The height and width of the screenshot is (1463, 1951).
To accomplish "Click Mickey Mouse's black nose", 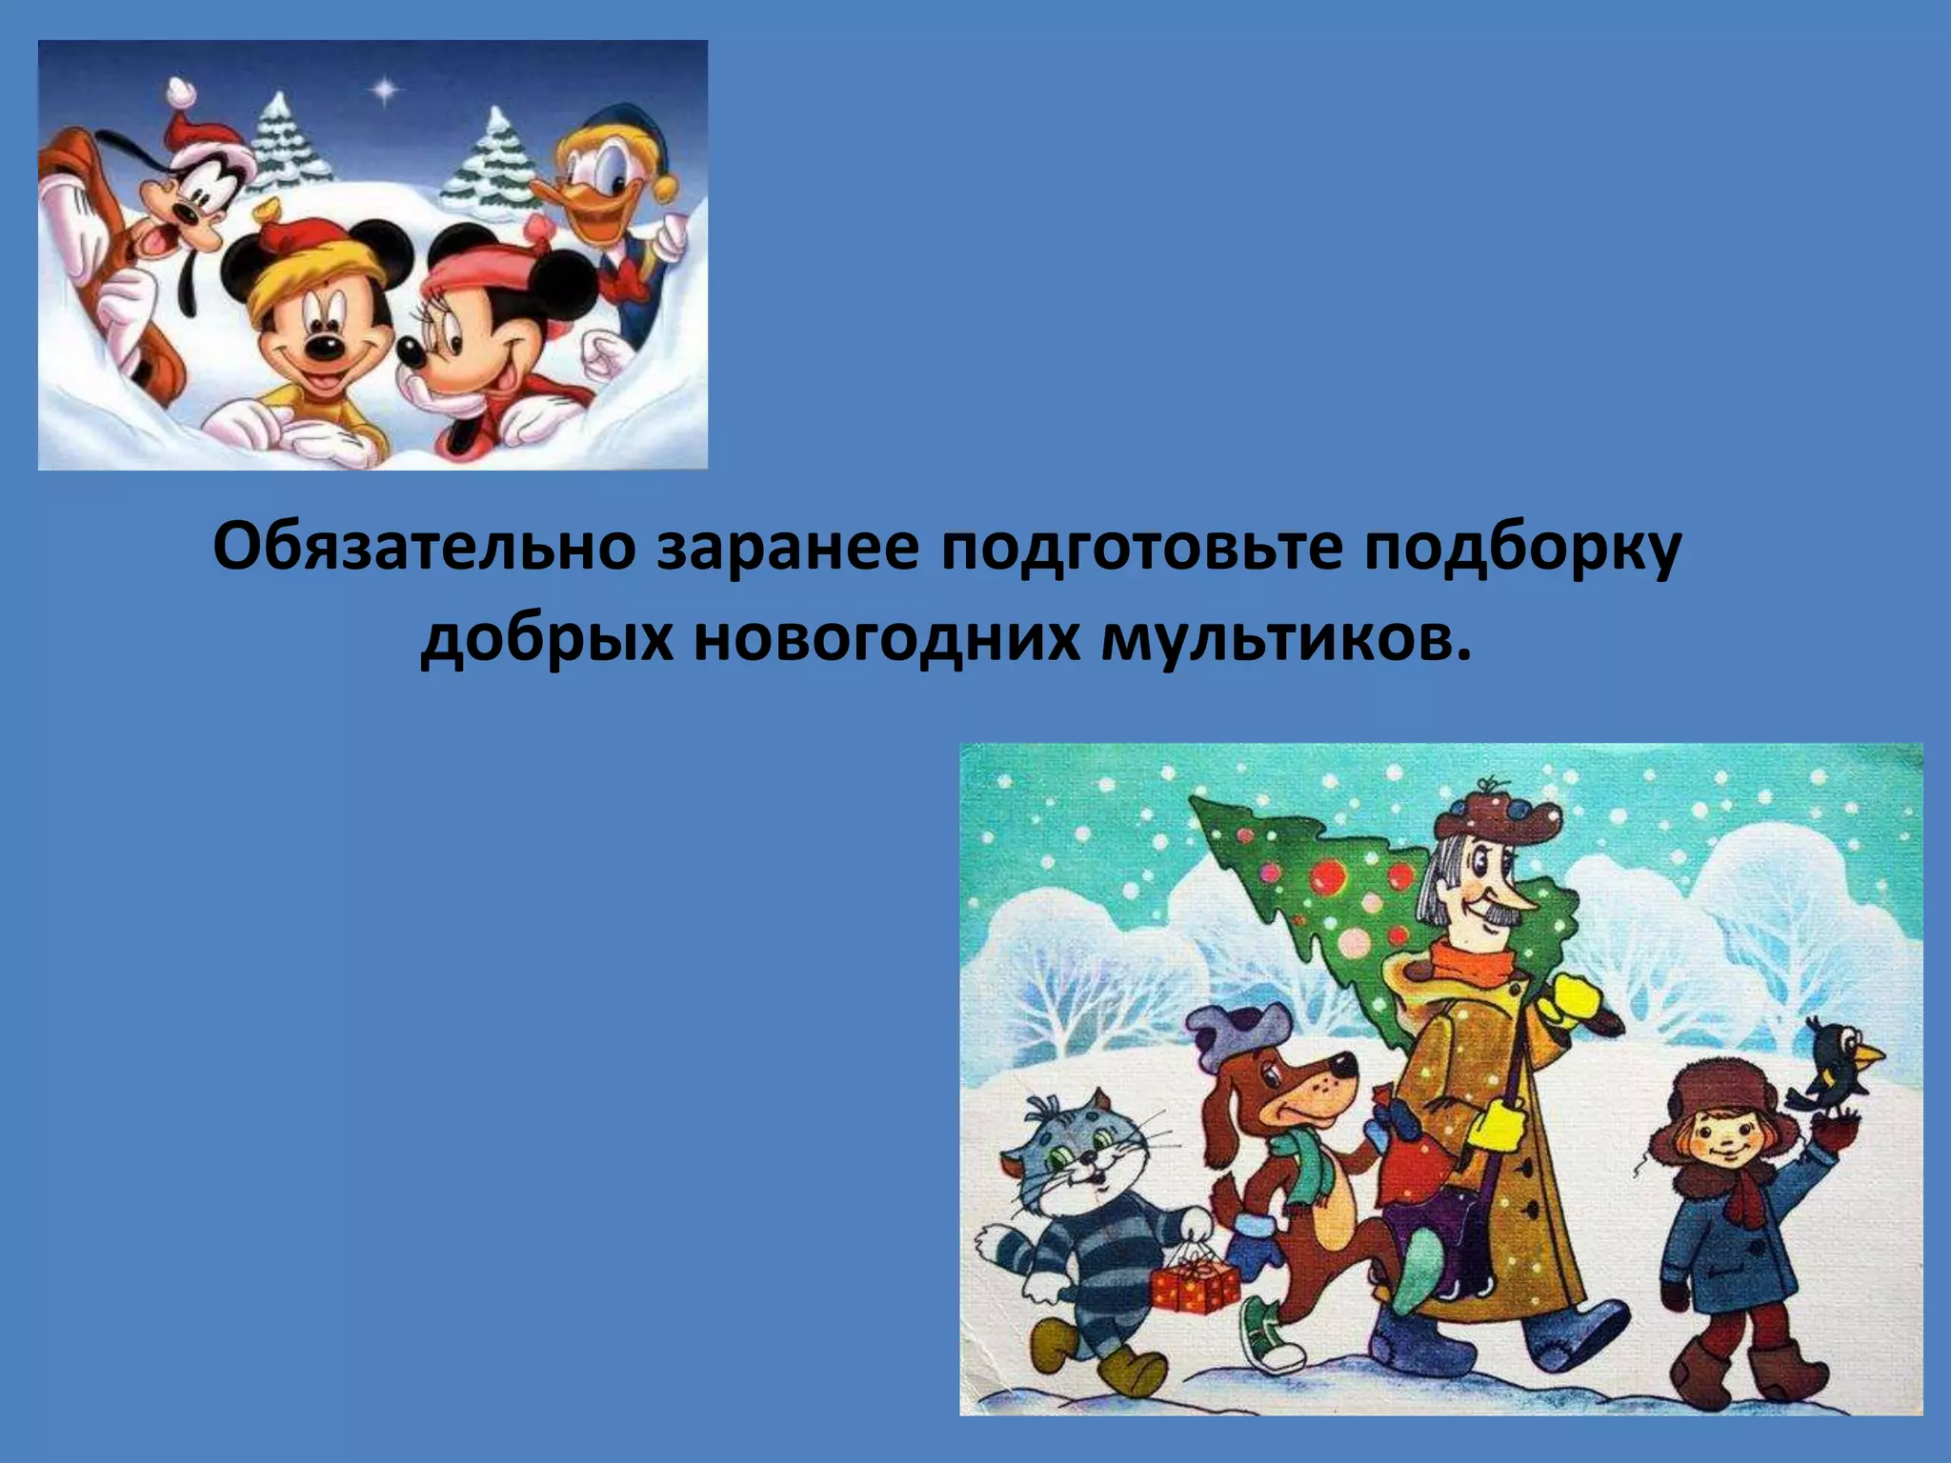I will coord(326,349).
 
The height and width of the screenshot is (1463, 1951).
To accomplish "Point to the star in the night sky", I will coord(385,90).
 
